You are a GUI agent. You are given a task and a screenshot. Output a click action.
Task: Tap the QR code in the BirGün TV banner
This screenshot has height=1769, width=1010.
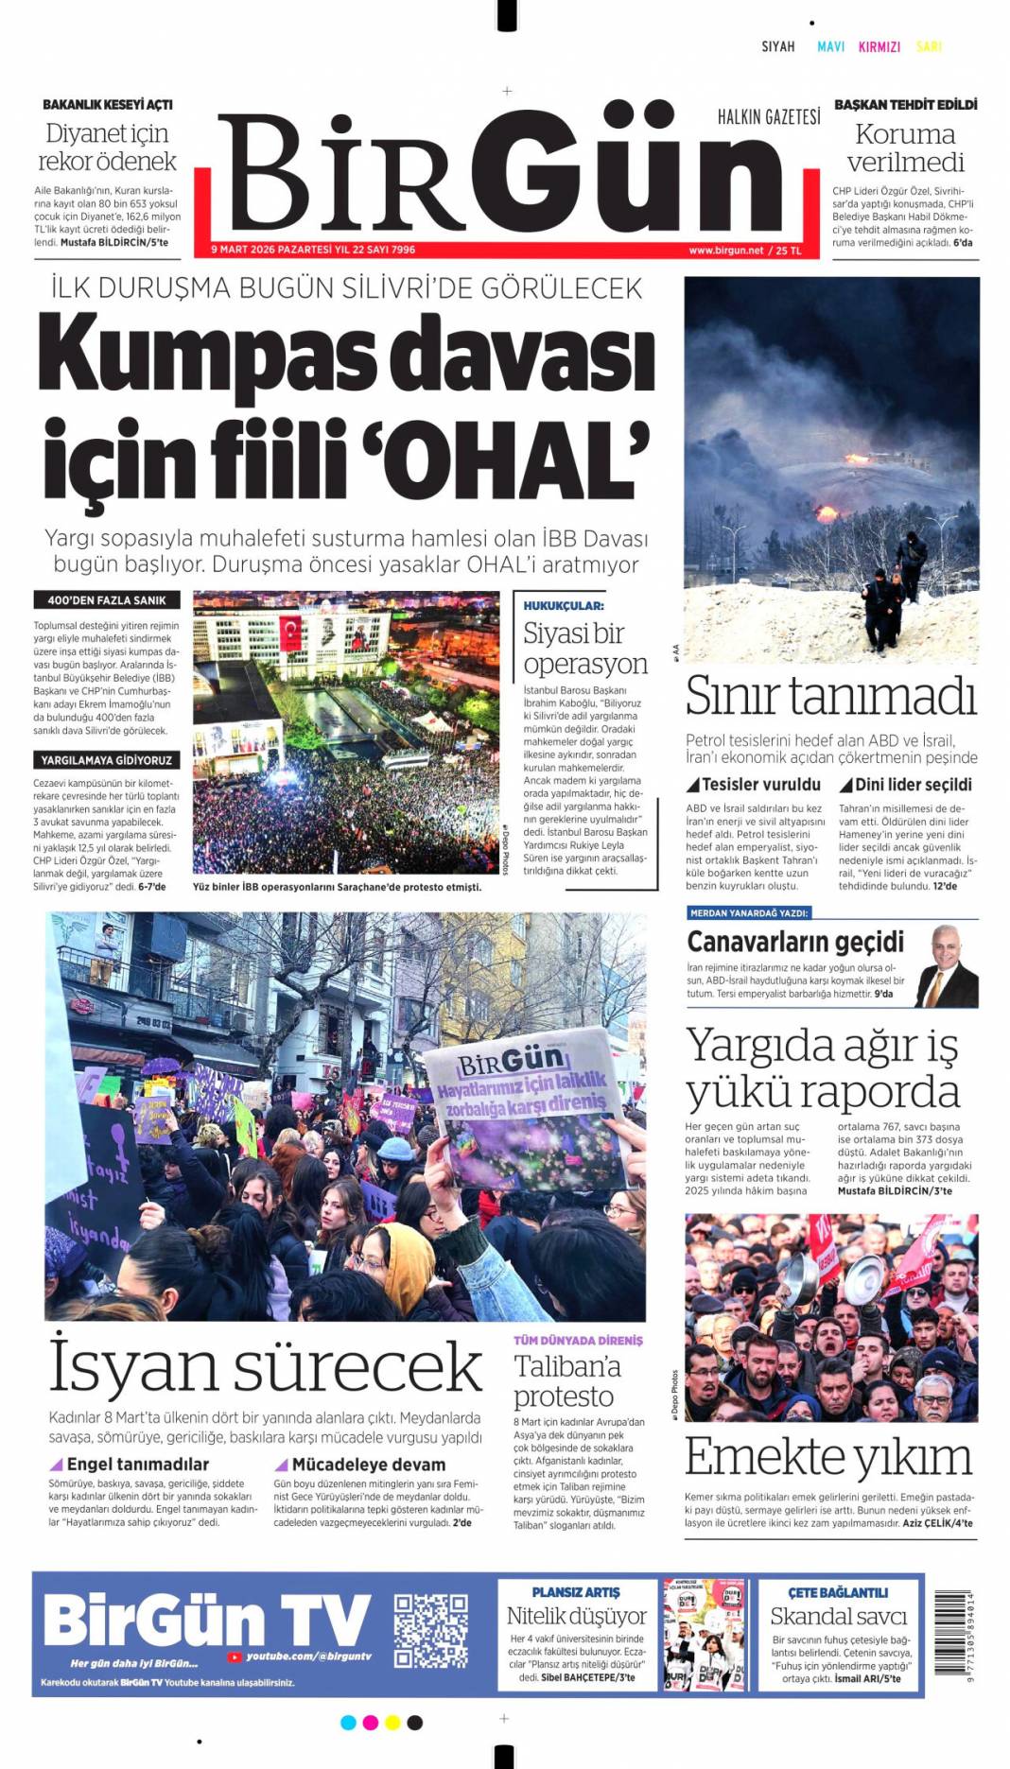pos(430,1630)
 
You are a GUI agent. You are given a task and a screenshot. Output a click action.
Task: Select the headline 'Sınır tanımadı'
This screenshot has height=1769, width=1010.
pos(830,696)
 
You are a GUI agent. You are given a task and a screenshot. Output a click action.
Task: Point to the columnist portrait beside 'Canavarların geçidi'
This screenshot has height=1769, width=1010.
pos(946,965)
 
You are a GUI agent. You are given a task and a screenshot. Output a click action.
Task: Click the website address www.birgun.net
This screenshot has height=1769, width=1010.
pos(725,251)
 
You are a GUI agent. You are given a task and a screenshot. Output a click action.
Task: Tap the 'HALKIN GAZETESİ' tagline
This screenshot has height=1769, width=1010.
pos(768,117)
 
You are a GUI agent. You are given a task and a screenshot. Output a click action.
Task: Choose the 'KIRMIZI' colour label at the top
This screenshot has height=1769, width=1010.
pos(879,46)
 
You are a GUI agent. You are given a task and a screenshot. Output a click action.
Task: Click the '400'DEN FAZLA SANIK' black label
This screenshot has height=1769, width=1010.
pos(106,600)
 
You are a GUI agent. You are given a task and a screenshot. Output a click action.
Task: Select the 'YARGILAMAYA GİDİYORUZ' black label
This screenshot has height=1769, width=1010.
pos(106,760)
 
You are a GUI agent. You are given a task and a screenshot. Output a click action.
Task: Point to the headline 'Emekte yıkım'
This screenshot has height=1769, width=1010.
pos(827,1457)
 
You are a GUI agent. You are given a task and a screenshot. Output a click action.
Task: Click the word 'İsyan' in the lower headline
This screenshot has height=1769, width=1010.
pos(132,1367)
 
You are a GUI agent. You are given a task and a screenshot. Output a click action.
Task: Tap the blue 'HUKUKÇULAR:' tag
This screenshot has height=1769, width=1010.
pos(564,605)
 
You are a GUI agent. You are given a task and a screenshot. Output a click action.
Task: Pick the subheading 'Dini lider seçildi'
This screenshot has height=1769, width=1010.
pos(913,785)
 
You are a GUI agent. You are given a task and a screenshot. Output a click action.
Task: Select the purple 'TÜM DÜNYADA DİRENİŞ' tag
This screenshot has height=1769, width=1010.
pos(578,1341)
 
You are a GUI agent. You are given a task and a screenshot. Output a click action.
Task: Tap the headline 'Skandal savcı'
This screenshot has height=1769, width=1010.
pos(838,1616)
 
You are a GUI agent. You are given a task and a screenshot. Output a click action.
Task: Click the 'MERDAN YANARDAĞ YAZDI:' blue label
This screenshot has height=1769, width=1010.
pos(748,913)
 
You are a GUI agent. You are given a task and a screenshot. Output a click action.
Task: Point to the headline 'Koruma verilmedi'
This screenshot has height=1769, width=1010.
pos(905,147)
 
